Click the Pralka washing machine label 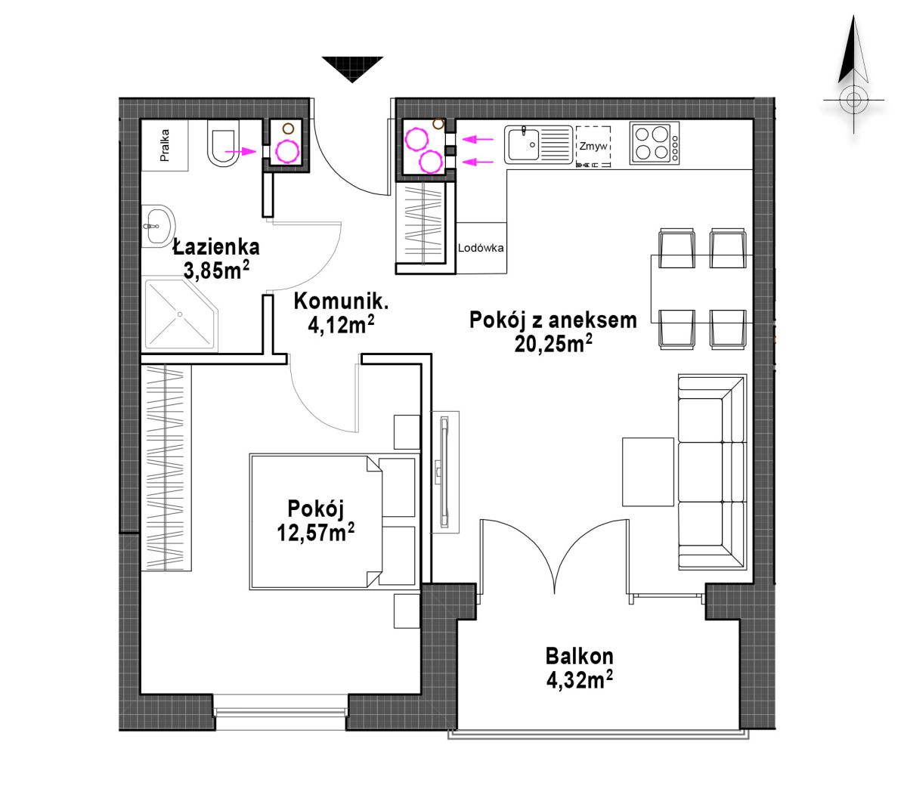tap(164, 144)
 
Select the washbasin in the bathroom tap(157, 226)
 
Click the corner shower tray tap(180, 314)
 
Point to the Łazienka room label tap(216, 246)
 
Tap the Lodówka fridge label tap(481, 248)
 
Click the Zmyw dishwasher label tap(593, 146)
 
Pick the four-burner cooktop tap(654, 144)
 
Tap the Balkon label tap(579, 656)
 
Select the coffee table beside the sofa tap(647, 472)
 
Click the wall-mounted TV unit tap(444, 472)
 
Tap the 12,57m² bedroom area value tap(315, 532)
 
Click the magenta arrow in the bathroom tap(240, 152)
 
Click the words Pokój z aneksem tap(553, 320)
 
